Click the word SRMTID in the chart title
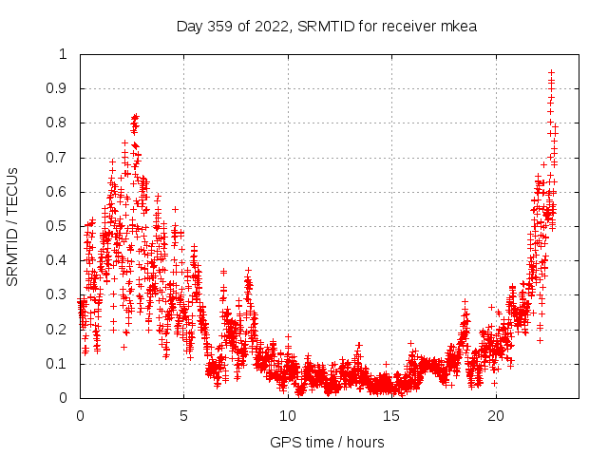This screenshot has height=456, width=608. [x=322, y=26]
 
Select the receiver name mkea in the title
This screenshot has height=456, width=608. [x=458, y=26]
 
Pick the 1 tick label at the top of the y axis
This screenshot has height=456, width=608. [x=65, y=54]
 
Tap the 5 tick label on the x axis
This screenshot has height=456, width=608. [x=184, y=416]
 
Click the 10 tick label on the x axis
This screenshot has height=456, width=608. [x=288, y=416]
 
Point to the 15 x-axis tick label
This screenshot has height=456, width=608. [x=392, y=416]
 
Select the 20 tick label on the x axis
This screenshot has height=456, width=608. [x=496, y=416]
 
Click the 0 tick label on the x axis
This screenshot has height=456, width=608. [x=80, y=416]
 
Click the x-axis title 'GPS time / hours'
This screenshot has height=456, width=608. [x=327, y=442]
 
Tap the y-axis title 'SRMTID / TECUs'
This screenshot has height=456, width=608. [x=13, y=226]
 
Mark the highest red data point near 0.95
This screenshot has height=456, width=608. [x=551, y=72]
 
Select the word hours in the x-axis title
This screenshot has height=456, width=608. [x=366, y=442]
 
